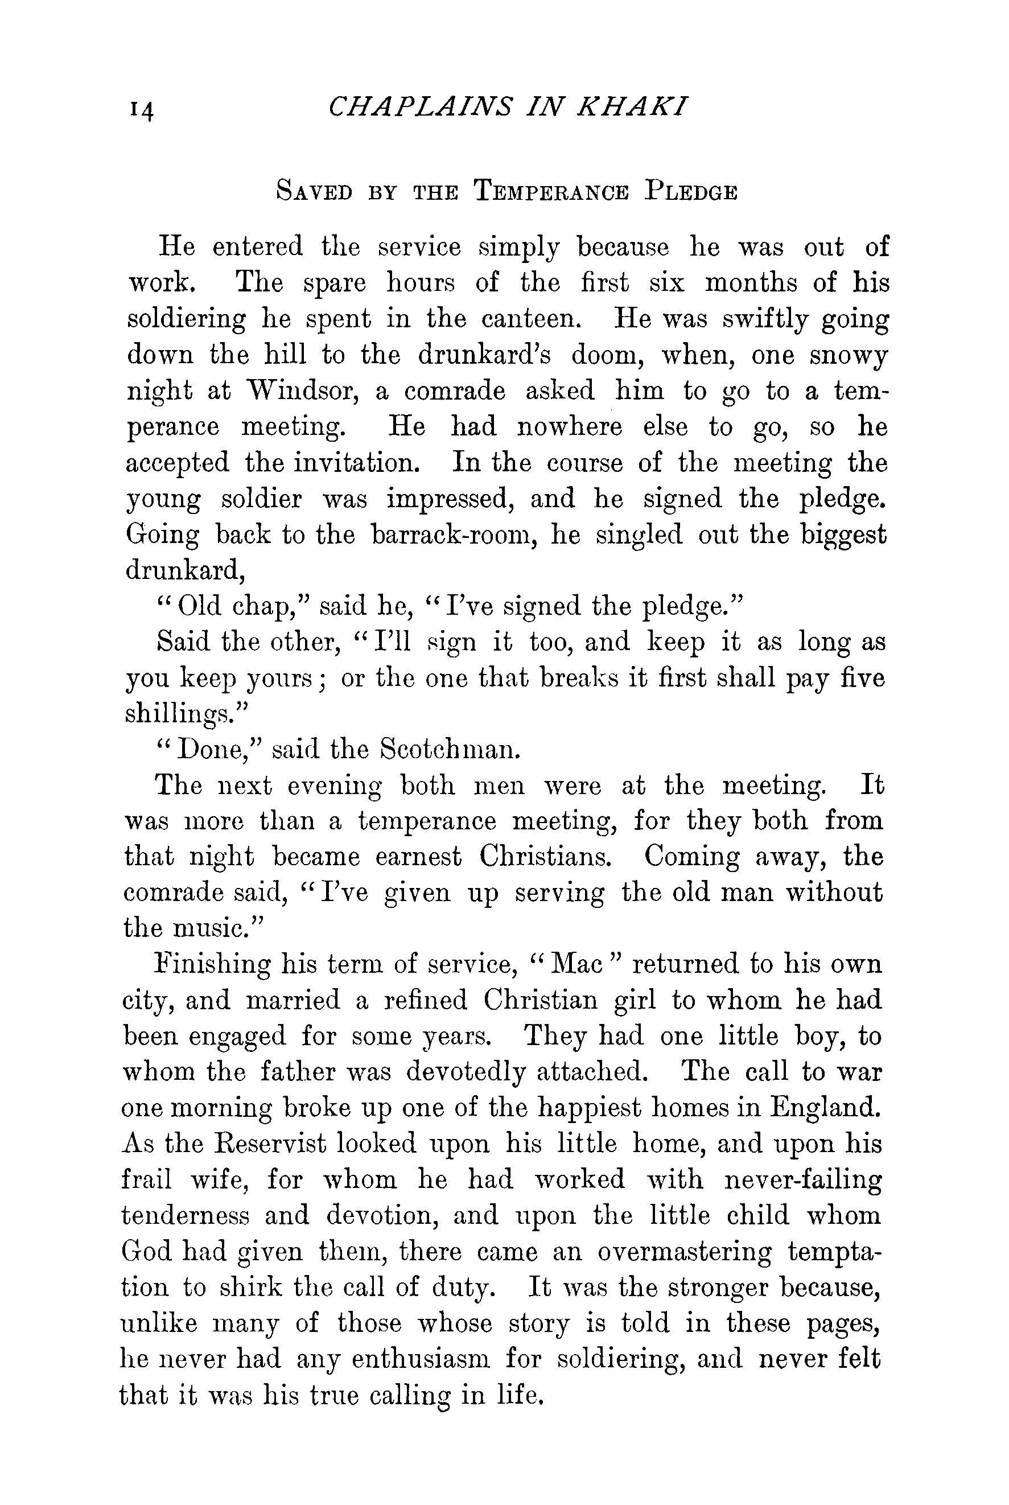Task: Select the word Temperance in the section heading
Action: coord(550,192)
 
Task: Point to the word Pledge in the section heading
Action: coord(690,192)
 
